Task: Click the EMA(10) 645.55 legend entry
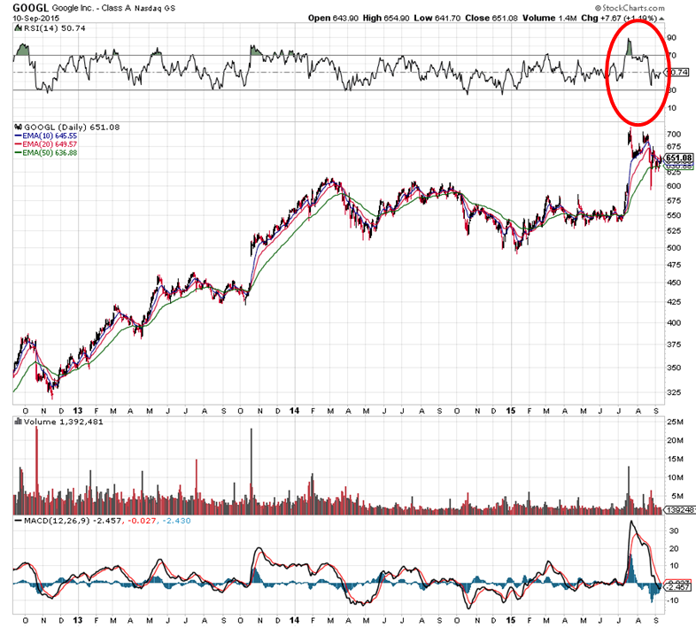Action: (x=48, y=135)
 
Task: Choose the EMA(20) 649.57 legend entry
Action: (x=48, y=143)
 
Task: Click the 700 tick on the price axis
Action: (x=674, y=134)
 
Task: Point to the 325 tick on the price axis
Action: (x=674, y=392)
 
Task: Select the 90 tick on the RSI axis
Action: (x=671, y=38)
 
